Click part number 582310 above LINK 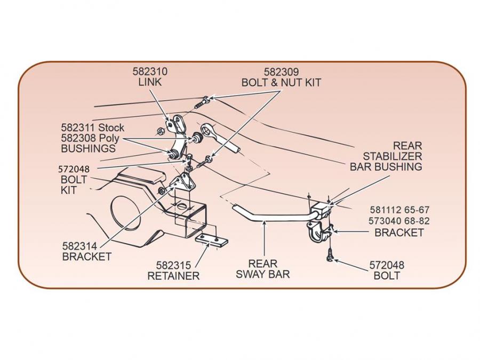pyautogui.click(x=150, y=71)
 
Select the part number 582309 pyautogui.click(x=282, y=71)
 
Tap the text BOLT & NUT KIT pyautogui.click(x=282, y=83)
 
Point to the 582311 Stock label pyautogui.click(x=92, y=128)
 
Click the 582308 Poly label pyautogui.click(x=90, y=138)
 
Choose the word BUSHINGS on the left pyautogui.click(x=88, y=148)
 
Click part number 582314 pyautogui.click(x=80, y=246)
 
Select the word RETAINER pyautogui.click(x=173, y=276)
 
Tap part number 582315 pyautogui.click(x=174, y=265)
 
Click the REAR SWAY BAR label pyautogui.click(x=262, y=269)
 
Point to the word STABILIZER pyautogui.click(x=393, y=156)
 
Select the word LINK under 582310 pyautogui.click(x=150, y=82)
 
